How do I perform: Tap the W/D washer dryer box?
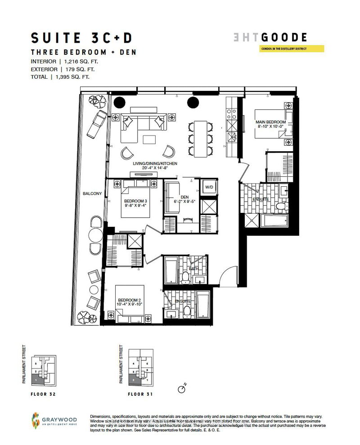point(209,187)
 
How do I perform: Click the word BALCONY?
point(92,194)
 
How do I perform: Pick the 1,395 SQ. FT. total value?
point(72,77)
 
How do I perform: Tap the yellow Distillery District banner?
point(292,49)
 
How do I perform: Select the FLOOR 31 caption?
point(142,393)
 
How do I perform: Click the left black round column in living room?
point(119,102)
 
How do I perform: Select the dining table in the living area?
point(200,139)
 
